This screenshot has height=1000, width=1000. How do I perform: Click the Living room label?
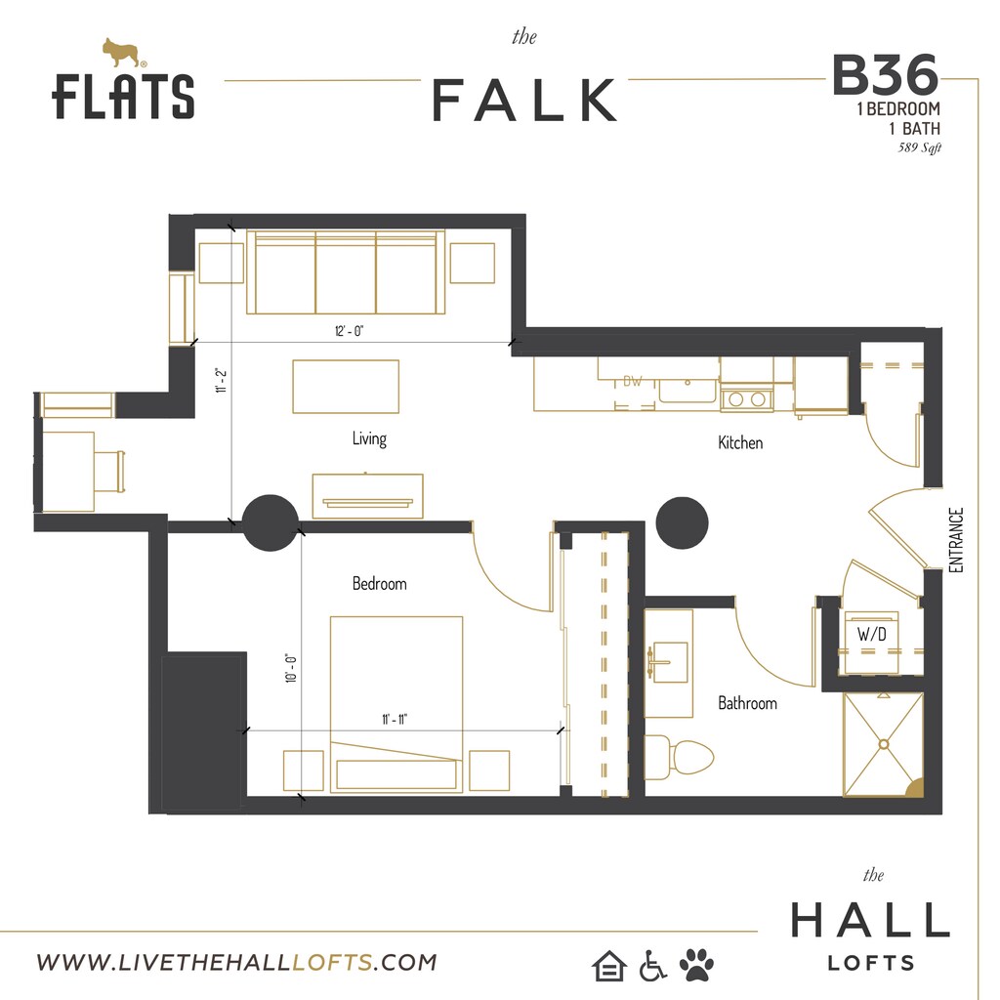[x=369, y=439]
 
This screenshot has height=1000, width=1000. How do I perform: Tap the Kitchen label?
[x=740, y=443]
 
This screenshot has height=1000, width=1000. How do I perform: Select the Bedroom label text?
[x=379, y=584]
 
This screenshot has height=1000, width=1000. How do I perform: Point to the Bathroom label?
[x=747, y=702]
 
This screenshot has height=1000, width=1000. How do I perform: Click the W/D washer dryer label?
[x=871, y=635]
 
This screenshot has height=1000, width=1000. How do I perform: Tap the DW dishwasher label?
[x=633, y=382]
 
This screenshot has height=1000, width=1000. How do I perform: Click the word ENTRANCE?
[x=956, y=540]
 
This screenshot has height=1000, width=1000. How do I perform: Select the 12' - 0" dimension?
[x=348, y=332]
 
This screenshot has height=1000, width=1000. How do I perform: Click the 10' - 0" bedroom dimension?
[x=291, y=668]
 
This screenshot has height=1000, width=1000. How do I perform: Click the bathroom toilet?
[x=680, y=756]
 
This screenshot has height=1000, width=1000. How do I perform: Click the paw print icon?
[x=696, y=965]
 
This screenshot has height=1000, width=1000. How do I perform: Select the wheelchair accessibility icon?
[x=652, y=966]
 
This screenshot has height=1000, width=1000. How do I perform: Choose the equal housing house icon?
[x=607, y=966]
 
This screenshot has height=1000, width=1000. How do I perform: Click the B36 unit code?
[x=886, y=74]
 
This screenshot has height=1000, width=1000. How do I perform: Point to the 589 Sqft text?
[x=919, y=148]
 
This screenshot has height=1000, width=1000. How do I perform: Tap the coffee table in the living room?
[x=346, y=386]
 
